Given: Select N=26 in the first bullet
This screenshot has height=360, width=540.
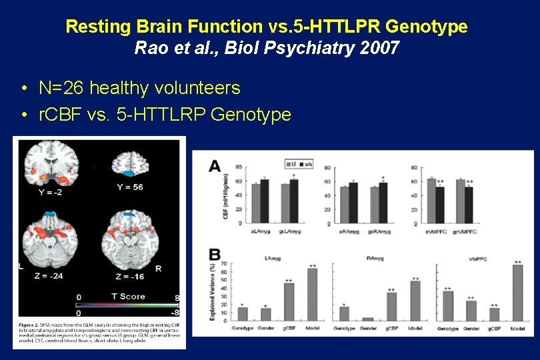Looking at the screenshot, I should (x=62, y=87).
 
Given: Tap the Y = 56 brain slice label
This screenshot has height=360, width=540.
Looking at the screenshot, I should (x=129, y=187).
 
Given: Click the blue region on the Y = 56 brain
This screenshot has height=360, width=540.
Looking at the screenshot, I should (x=129, y=173).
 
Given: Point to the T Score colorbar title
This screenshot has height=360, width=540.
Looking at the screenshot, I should (x=129, y=297).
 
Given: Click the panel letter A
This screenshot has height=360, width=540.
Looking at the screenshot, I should (x=215, y=166).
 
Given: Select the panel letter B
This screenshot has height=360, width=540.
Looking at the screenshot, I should (x=215, y=254).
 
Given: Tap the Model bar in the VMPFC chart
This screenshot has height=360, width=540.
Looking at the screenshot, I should (x=517, y=293).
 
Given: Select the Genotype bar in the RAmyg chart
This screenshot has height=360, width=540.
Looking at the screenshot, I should (x=344, y=313).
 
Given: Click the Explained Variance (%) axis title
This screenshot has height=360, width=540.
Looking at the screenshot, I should (x=213, y=291).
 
